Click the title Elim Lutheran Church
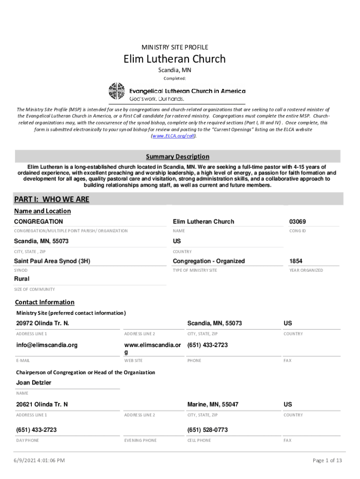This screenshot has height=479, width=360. coord(174,59)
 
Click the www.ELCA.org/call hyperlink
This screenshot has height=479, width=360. coord(173,136)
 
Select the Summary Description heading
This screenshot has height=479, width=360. coord(177,157)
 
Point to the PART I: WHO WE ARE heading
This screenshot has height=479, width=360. coord(51,200)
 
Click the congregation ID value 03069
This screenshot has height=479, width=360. coord(298,221)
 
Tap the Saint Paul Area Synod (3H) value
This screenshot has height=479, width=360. coord(52,261)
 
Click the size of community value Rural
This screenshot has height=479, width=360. coord(22,279)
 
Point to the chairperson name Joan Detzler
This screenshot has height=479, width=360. coord(34,383)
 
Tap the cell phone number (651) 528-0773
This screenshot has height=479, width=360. coord(207,429)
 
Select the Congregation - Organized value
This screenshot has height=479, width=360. coord(209,261)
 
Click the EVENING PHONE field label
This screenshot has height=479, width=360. coord(140,441)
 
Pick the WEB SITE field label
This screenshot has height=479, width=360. coord(133,361)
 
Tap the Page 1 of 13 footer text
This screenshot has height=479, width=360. coord(327,461)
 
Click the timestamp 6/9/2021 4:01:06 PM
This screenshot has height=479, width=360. coord(39,461)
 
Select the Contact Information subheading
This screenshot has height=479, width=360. coord(44,302)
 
